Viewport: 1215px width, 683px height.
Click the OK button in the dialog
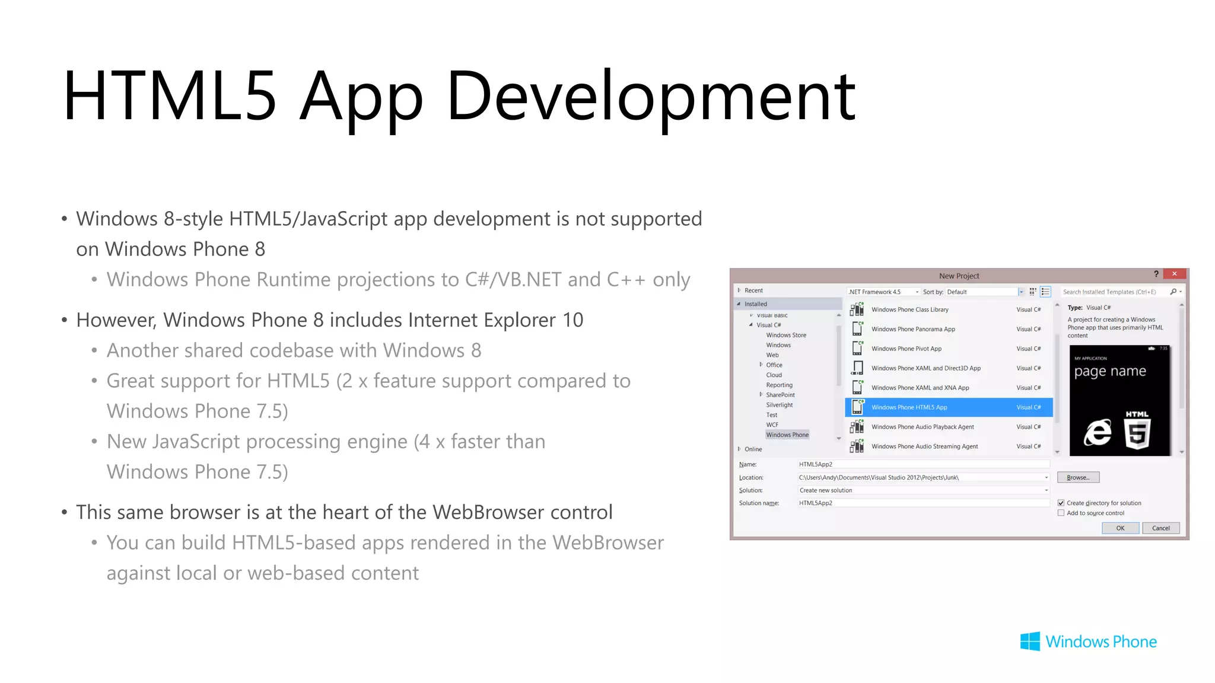pos(1119,528)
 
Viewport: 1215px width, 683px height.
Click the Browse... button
pos(1077,477)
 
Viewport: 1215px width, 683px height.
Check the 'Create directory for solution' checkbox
pos(1061,503)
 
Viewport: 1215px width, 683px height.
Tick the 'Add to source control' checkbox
pos(1061,513)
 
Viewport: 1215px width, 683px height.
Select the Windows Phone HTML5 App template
pos(909,407)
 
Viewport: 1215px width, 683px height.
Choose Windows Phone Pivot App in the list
pos(906,349)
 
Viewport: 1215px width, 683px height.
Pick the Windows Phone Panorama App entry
pos(913,329)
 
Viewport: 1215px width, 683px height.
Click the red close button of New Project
pos(1174,274)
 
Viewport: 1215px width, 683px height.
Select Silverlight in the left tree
pos(779,405)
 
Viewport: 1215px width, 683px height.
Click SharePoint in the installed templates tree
pos(780,395)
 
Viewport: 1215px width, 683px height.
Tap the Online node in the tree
pos(753,449)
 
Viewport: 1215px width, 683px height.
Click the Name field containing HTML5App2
pos(923,464)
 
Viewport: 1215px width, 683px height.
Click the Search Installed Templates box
pos(1109,292)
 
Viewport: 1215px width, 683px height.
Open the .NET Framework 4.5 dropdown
pos(883,292)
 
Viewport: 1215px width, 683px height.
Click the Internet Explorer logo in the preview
pos(1098,432)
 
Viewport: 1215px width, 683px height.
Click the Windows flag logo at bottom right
pos(1030,641)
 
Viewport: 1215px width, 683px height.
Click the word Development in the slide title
pos(651,97)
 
